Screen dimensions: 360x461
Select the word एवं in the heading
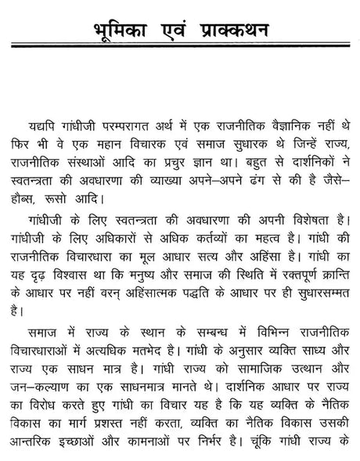(176, 31)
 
